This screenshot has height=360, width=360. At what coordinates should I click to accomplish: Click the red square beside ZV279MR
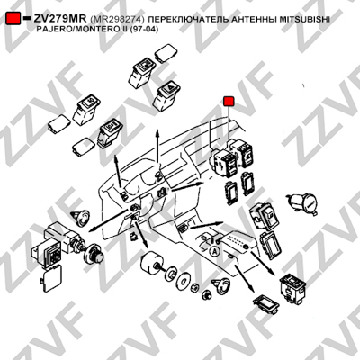coord(13,18)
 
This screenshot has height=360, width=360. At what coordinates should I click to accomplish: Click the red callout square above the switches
coord(229,102)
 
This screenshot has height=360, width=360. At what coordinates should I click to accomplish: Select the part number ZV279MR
coord(60,19)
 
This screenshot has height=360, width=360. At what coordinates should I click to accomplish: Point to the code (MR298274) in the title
coord(117,20)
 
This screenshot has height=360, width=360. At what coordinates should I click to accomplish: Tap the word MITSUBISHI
coord(305,20)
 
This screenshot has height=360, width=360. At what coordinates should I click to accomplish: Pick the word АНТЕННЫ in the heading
coord(254,20)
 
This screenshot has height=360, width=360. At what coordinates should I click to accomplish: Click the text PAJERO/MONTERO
coord(76,30)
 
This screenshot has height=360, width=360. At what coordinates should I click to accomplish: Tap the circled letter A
coord(214,251)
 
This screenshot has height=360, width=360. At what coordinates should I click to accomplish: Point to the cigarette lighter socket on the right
coord(301,203)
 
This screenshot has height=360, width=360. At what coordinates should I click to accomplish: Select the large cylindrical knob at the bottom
coord(152,264)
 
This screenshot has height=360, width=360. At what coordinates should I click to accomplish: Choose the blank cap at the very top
coord(166,53)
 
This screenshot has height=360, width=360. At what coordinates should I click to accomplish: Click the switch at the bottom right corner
coord(292,287)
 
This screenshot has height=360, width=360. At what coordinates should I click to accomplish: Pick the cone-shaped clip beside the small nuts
coord(221,285)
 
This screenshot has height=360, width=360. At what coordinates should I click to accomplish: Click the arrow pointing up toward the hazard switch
coord(157,147)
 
